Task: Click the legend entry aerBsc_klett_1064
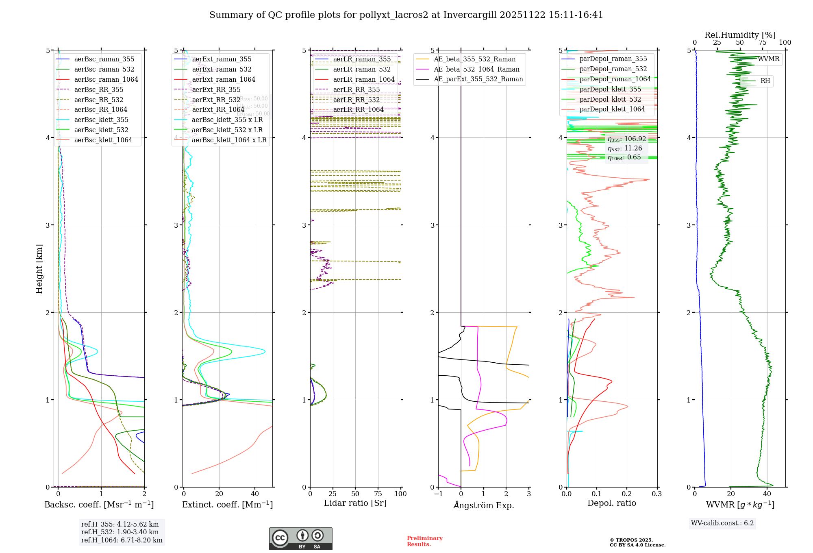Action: coord(103,140)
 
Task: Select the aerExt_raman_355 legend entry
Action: coord(222,59)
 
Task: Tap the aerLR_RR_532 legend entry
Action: coord(356,100)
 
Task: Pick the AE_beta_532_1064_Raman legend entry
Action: coord(476,70)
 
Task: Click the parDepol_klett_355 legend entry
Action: coord(610,89)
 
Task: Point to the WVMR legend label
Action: coord(768,59)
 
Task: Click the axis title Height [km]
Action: coord(39,268)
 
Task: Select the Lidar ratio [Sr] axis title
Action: coord(355,503)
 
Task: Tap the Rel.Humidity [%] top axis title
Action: coord(740,35)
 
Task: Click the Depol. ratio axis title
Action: coord(611,503)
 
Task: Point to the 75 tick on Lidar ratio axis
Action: coord(378,494)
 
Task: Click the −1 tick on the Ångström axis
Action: coord(438,494)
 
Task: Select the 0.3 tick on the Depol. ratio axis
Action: coord(657,494)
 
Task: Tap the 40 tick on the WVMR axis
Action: coord(767,494)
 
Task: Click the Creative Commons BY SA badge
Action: coord(300,538)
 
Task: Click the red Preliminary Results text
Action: coord(424,541)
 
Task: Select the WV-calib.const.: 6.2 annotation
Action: coord(722,523)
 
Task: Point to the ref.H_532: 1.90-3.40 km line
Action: coord(120,532)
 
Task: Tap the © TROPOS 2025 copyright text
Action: coord(631,540)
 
